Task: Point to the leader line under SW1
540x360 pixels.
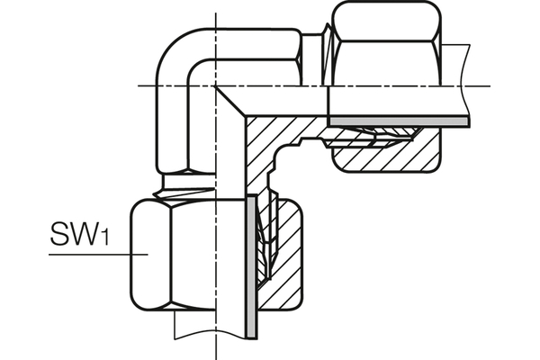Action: point(90,256)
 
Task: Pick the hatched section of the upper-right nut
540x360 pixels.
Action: point(387,158)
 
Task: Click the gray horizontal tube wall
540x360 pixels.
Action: point(396,120)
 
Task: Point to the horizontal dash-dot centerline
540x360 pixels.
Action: point(270,85)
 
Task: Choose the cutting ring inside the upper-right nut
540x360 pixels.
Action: point(369,135)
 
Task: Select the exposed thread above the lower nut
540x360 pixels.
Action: point(184,186)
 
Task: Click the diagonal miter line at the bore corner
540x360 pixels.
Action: point(232,103)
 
